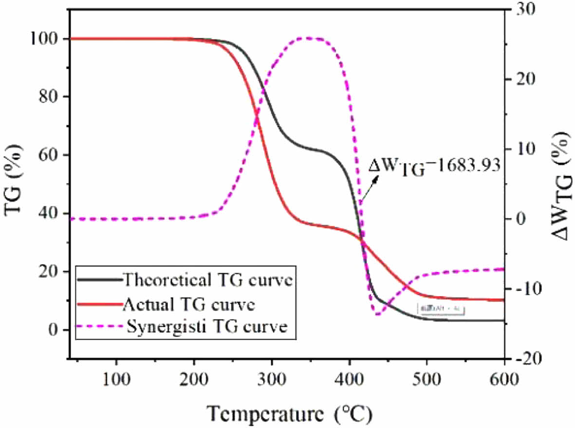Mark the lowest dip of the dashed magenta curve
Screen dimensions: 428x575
(377, 314)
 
